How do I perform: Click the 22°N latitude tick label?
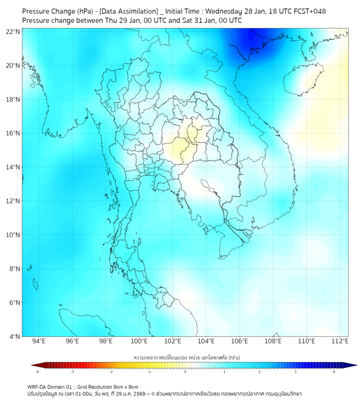[13, 31]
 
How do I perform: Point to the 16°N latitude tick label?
[13, 133]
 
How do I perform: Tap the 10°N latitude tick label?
[13, 235]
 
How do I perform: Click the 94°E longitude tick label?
[39, 341]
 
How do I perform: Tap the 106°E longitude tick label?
[240, 341]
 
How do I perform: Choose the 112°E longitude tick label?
[340, 341]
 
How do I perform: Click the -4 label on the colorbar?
[36, 372]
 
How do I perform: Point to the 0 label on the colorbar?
[186, 372]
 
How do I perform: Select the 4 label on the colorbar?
[334, 372]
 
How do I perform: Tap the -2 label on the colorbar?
[111, 372]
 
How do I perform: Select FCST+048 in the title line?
[308, 11]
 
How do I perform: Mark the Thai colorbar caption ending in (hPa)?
[186, 356]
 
